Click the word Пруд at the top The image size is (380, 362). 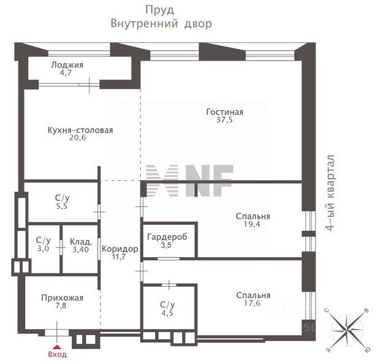pos(160,10)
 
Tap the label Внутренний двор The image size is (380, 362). pos(161,24)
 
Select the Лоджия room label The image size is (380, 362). pos(67,65)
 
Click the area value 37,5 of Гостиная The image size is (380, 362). pos(225,121)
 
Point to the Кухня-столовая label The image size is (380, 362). pos(80,130)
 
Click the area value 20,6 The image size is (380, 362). pos(80,139)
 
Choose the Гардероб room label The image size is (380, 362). pos(167,236)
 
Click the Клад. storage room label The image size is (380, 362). pos(81,241)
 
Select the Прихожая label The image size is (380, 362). pos(62,298)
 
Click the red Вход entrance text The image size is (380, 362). pos(57,354)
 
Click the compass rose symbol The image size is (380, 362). pos(348,331)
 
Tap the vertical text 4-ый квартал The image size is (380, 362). pos(332,193)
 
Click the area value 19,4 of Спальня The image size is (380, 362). pos(253,225)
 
